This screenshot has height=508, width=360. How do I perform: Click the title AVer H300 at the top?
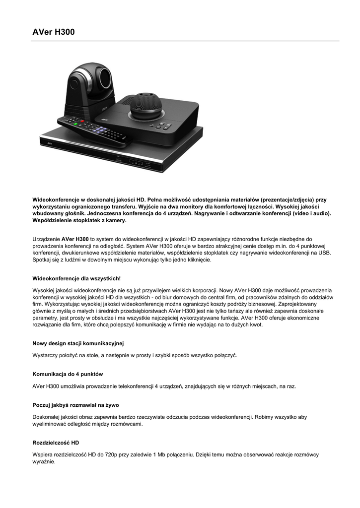[54, 32]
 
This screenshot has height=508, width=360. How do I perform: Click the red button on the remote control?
[82, 121]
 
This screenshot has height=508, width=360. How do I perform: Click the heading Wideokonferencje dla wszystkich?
[76, 279]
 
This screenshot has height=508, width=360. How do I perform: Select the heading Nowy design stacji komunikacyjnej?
[78, 343]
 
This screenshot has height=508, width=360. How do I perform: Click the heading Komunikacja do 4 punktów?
[68, 374]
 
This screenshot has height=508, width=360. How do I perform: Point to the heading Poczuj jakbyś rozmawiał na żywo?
[75, 405]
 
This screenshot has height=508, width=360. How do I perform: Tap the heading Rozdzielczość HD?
[56, 443]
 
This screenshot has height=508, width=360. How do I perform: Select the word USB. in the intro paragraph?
[324, 253]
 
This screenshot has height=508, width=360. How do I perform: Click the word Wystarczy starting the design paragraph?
[45, 355]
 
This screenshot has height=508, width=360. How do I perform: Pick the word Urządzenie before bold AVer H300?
[46, 239]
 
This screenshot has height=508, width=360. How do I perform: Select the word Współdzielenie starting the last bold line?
[52, 220]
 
